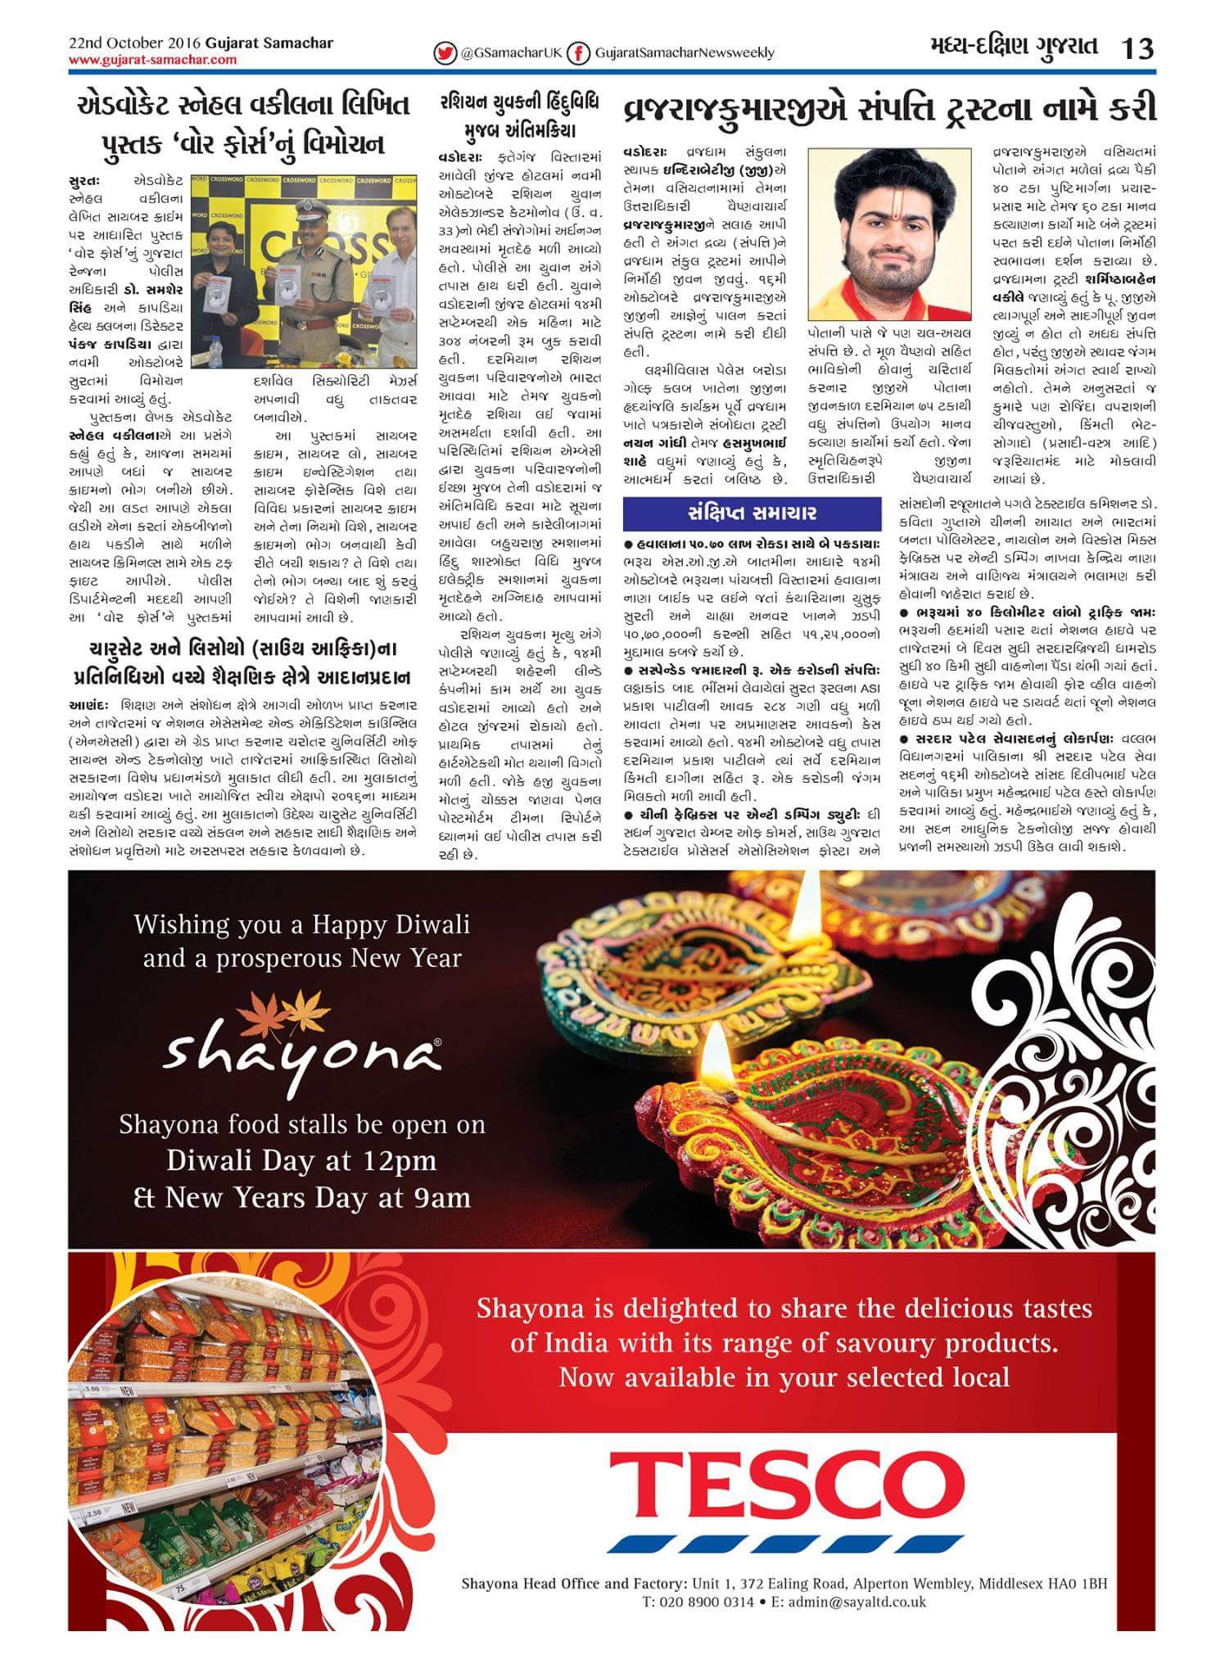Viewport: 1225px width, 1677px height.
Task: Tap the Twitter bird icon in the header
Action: click(445, 52)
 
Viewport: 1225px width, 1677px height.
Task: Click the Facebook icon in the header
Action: click(579, 52)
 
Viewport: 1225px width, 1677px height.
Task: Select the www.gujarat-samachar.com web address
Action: click(152, 60)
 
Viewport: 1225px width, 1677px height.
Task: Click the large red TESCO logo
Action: click(787, 1483)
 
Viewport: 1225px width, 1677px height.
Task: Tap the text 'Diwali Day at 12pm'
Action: click(301, 1160)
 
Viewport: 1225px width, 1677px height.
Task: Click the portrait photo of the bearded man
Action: click(889, 233)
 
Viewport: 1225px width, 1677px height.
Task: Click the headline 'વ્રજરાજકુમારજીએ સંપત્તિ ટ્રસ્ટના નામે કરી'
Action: click(889, 109)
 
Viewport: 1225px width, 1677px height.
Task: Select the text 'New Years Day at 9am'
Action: click(319, 1197)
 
